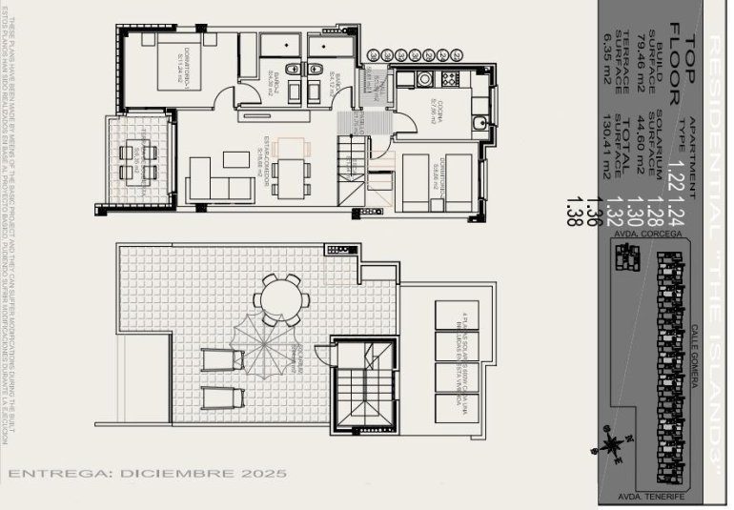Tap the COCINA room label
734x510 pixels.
(433, 105)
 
